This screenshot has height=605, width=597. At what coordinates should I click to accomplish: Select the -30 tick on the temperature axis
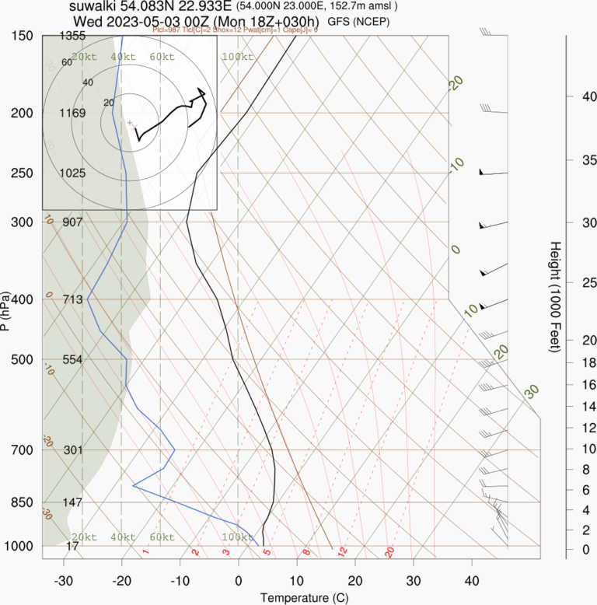tap(64, 581)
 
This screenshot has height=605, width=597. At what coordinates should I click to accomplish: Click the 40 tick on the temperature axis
tap(472, 581)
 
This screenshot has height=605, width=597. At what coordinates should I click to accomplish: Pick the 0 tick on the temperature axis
tap(238, 581)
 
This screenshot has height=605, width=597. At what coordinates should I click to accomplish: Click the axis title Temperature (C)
tap(298, 597)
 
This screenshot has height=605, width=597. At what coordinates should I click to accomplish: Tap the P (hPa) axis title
tap(6, 311)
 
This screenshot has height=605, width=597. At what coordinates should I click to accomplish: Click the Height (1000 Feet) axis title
tap(555, 297)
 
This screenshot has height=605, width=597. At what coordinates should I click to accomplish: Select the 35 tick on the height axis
tap(589, 160)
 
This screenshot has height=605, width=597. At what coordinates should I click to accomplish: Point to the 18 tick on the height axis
tap(589, 362)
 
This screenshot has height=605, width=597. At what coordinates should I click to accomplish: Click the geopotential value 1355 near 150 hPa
tap(72, 36)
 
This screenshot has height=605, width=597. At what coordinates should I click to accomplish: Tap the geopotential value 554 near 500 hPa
tap(72, 359)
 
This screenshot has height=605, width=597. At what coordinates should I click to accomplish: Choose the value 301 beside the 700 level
tap(72, 449)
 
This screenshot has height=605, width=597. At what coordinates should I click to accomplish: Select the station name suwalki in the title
tap(93, 6)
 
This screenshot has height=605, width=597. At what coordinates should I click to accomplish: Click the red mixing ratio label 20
tap(389, 552)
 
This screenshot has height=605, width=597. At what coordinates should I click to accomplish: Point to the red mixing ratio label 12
tap(341, 552)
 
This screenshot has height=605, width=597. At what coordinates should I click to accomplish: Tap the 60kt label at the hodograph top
tap(162, 57)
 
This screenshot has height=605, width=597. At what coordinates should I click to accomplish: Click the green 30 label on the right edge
tap(532, 391)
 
